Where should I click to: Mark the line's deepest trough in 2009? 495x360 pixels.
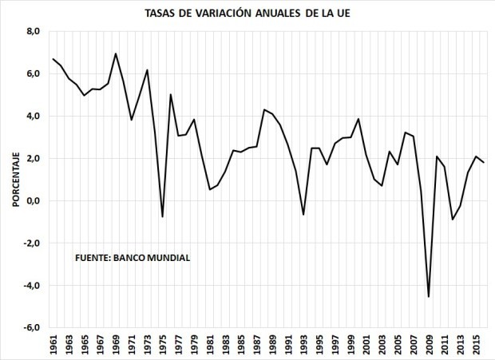(x=429, y=297)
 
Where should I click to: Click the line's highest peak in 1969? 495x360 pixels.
(x=116, y=53)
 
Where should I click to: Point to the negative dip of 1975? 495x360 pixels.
(x=163, y=217)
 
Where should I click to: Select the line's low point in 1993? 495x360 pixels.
(x=303, y=215)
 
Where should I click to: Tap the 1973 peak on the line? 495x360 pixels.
(x=147, y=70)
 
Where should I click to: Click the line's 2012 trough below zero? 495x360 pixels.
(x=453, y=220)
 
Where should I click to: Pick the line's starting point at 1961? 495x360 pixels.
(x=53, y=59)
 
